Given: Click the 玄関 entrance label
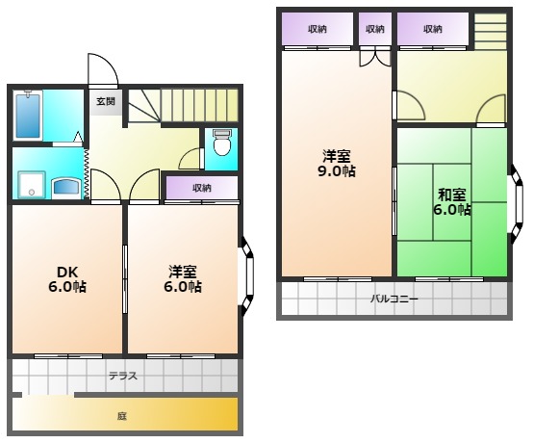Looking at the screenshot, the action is click(106, 101).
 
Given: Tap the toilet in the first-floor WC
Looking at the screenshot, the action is click(222, 142).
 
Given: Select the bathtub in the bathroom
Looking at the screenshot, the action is click(28, 115).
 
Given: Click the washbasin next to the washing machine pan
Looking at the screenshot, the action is click(67, 188).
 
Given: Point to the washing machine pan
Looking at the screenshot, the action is click(32, 185).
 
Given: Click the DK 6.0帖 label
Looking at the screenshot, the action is click(67, 279).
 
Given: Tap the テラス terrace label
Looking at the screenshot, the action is click(123, 376).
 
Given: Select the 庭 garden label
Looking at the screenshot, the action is click(122, 416).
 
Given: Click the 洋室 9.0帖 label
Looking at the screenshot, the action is click(337, 164).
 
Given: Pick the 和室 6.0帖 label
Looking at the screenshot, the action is click(452, 202).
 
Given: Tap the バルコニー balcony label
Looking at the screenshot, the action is click(393, 300).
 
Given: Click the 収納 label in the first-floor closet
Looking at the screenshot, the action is click(202, 188).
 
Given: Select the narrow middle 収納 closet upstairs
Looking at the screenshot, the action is click(375, 29).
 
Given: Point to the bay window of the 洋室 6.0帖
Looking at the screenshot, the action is click(248, 276).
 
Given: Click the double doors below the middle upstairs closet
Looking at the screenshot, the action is click(375, 58).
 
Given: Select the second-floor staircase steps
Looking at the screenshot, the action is click(490, 32).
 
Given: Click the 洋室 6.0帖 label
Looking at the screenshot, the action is click(183, 279).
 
